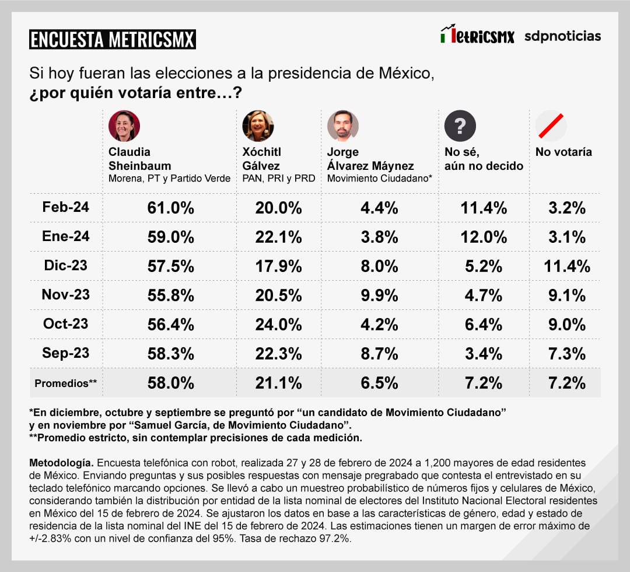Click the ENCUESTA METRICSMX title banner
tap(112, 39)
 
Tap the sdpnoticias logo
tap(562, 36)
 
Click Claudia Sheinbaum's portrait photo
tap(124, 125)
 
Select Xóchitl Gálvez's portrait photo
tap(258, 125)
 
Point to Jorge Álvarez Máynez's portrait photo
tap(342, 125)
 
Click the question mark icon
tap(460, 125)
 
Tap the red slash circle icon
tap(551, 125)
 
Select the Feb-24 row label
tap(66, 207)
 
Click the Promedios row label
tap(66, 383)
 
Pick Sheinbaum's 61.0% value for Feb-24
tap(170, 208)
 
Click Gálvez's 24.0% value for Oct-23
tap(278, 325)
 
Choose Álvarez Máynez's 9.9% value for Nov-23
tap(379, 295)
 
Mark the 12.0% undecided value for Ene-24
tap(484, 237)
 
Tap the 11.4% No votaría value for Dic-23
tap(567, 267)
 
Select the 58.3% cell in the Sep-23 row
tap(170, 354)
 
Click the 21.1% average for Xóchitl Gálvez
tap(278, 383)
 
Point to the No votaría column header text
tap(563, 152)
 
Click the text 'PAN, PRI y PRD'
tap(278, 179)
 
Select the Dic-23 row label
tap(66, 266)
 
